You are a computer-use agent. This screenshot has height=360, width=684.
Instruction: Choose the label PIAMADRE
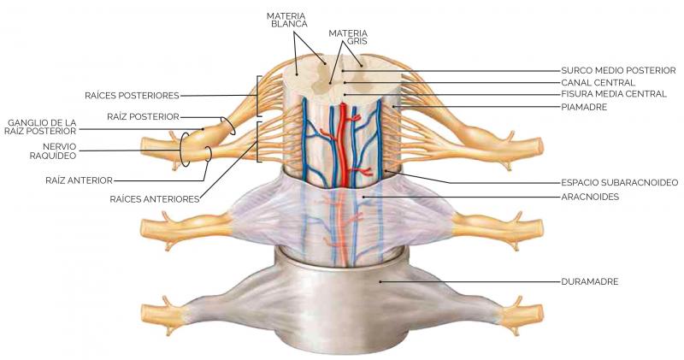[584, 107]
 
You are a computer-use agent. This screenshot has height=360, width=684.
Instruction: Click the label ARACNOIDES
[590, 196]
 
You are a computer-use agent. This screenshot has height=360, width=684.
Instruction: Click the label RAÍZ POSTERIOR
[143, 115]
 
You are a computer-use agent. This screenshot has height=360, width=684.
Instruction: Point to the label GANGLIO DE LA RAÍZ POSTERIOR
[42, 127]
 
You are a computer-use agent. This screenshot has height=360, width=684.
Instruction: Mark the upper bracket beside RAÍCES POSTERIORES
[259, 96]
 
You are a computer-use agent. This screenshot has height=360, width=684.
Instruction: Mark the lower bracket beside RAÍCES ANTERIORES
[259, 141]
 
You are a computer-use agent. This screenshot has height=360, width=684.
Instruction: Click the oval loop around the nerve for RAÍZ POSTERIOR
[227, 126]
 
